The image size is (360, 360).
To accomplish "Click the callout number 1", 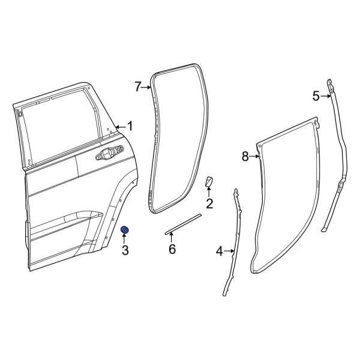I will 130,127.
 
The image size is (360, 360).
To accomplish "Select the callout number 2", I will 209,204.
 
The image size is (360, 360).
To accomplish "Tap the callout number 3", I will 126,250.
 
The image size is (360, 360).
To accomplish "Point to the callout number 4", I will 219,251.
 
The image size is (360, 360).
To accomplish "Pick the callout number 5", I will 317,95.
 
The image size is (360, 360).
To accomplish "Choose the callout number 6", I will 172,249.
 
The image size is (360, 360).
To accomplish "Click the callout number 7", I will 137,88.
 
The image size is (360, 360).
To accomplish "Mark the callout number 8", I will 245,157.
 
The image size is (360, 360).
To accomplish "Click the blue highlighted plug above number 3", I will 126,232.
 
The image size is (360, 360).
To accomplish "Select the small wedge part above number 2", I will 209,182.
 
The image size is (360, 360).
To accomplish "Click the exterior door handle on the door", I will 108,156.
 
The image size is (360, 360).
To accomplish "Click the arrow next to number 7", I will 146,88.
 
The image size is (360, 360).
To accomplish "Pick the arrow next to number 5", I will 325,95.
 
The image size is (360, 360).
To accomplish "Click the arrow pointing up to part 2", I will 209,193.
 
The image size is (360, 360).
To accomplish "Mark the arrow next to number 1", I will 121,127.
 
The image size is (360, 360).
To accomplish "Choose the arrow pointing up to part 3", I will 126,239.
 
